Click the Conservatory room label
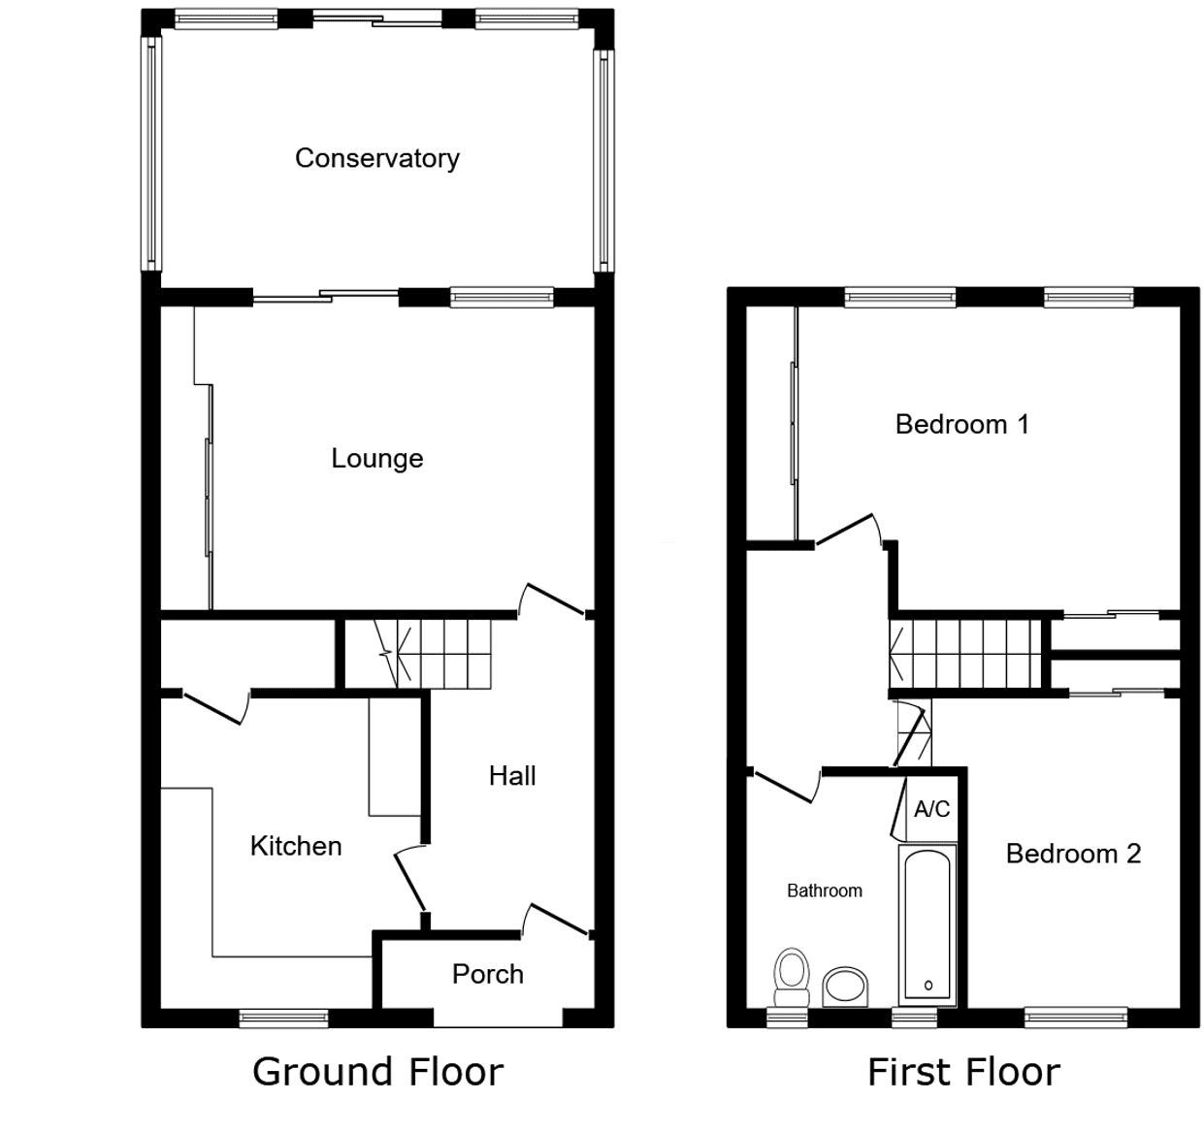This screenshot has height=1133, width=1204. (377, 159)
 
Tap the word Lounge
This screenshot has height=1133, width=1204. (377, 458)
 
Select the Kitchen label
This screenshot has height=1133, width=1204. (296, 846)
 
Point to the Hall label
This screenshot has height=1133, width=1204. (512, 776)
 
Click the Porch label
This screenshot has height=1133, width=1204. (488, 974)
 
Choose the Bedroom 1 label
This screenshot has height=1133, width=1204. (962, 424)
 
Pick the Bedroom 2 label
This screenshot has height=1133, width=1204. (1074, 854)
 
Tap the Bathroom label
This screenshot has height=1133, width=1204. (825, 890)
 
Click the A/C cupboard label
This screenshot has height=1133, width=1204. (931, 809)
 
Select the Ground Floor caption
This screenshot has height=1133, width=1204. (377, 1072)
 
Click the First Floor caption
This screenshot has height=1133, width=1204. (964, 1072)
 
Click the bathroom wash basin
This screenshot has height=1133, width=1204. (845, 987)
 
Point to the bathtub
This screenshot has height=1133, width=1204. (927, 925)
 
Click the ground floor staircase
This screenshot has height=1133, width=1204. (432, 654)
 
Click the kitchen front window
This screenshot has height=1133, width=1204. (283, 1019)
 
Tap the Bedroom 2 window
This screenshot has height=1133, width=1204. (1076, 1018)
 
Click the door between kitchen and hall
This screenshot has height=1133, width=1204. (409, 879)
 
